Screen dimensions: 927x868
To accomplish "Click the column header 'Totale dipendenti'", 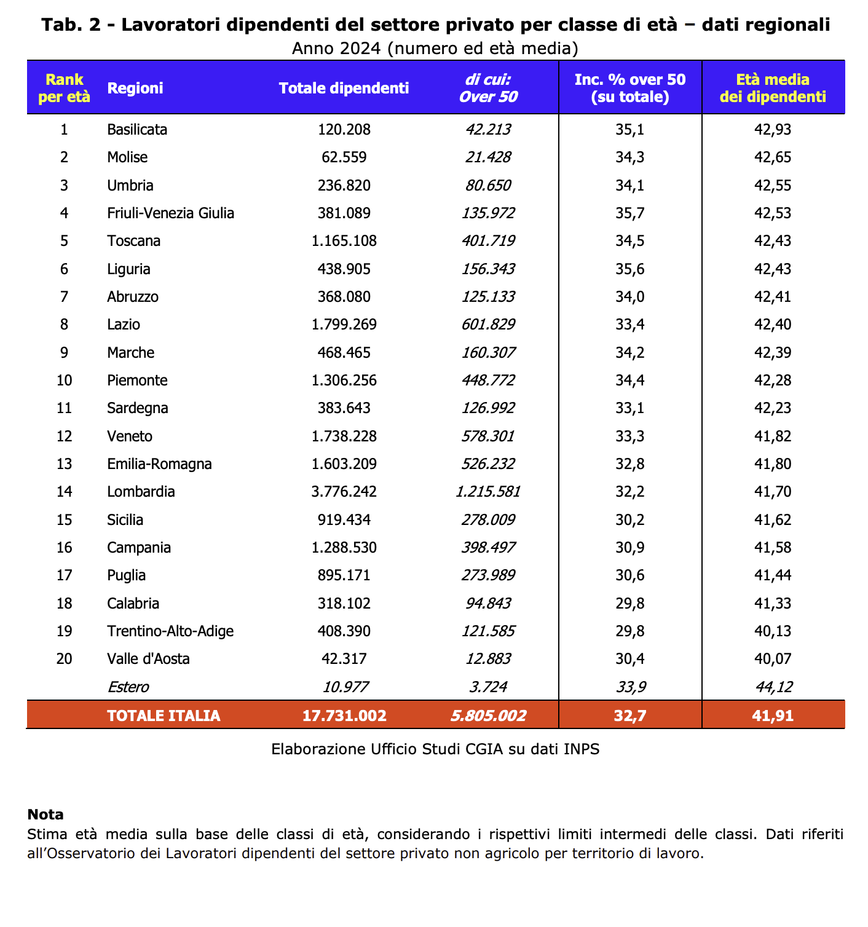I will (x=344, y=88).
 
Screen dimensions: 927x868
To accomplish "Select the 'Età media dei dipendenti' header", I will (x=773, y=88).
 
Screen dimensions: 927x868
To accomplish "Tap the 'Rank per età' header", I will (x=65, y=88).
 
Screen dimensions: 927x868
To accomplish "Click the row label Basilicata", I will (x=137, y=130).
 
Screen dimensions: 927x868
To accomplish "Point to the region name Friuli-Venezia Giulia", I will (x=170, y=213).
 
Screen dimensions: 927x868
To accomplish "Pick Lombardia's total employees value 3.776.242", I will (x=344, y=492).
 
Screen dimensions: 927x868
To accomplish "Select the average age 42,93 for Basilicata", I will (x=773, y=130).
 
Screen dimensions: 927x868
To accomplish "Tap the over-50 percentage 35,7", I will (x=629, y=213).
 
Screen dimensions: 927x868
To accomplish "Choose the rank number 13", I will (x=65, y=464).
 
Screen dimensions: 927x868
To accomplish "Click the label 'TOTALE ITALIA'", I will (x=164, y=716).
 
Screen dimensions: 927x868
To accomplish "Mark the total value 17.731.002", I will (x=344, y=716).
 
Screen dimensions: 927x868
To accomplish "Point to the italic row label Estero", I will (x=128, y=687).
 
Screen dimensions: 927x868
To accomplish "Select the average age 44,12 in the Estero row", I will (x=773, y=687).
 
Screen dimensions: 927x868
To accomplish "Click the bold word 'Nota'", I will (x=45, y=815).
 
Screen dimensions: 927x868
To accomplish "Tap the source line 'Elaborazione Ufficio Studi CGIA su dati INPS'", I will (x=435, y=749).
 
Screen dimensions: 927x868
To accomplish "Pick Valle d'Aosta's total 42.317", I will (x=344, y=659).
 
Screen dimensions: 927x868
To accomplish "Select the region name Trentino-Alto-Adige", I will (x=170, y=631).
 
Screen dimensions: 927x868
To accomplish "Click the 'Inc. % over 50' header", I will (x=629, y=80).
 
